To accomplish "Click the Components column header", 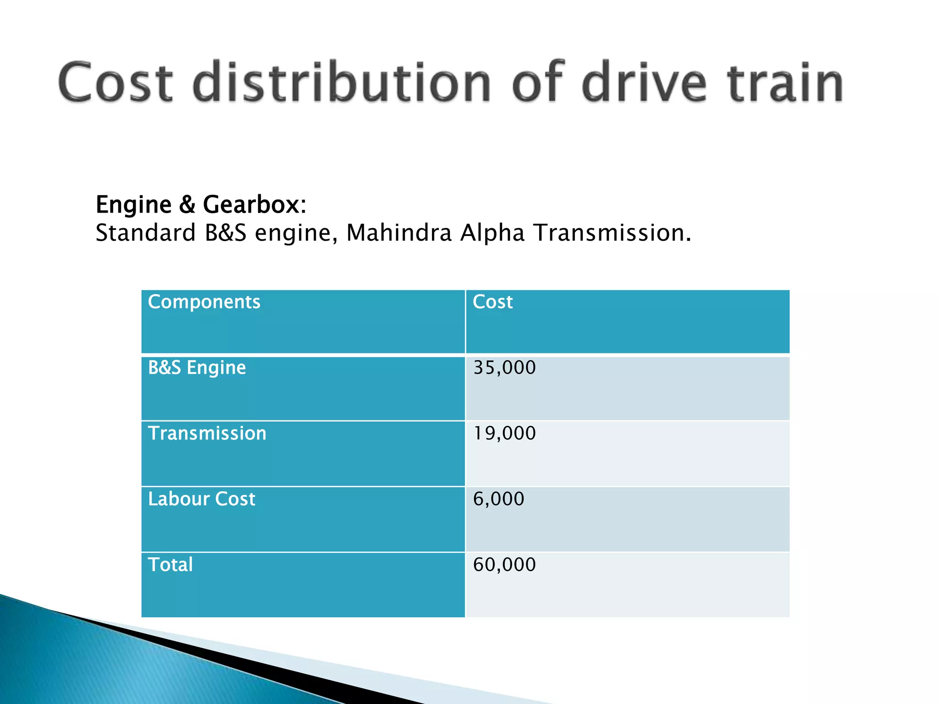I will click(204, 302).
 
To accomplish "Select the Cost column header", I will click(492, 302).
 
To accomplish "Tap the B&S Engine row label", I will click(197, 368).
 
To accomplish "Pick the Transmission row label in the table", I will click(207, 434).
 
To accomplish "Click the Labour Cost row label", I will click(201, 499).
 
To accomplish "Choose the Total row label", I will click(170, 565).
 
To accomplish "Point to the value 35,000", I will click(504, 368).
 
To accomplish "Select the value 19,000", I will click(504, 434).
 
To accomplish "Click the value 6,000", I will click(498, 499).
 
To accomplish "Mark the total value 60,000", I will click(504, 565).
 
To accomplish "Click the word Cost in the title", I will click(116, 82).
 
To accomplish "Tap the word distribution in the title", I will click(342, 82).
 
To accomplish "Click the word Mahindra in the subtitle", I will click(399, 233).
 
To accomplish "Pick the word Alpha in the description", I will click(492, 233).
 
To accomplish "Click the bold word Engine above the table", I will click(133, 205).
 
